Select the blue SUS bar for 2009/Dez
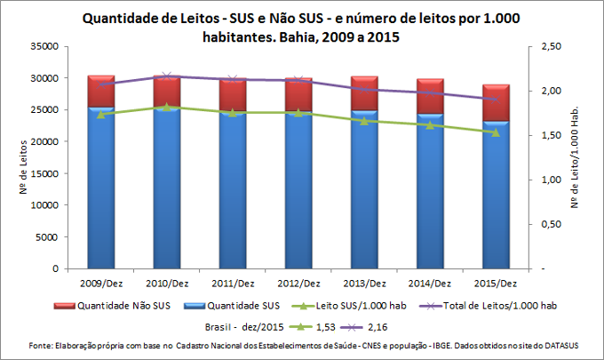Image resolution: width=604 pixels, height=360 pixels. click(x=100, y=187)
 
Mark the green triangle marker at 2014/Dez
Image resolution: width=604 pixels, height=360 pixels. click(x=430, y=125)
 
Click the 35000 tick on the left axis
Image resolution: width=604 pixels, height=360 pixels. click(x=44, y=46)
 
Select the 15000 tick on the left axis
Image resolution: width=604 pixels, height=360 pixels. click(x=44, y=173)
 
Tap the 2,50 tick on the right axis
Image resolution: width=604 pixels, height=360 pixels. click(x=551, y=46)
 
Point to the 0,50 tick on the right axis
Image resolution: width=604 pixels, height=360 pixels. click(x=551, y=224)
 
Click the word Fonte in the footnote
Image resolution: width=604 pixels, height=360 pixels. click(x=43, y=344)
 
